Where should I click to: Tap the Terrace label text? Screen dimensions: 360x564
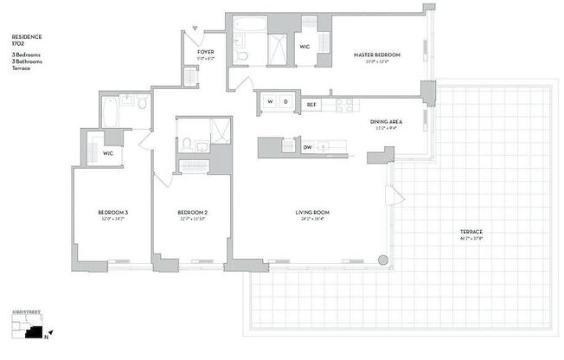coord(471,232)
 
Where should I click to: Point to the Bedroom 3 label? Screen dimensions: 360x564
coord(112,213)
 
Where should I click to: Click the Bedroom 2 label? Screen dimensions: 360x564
coord(192,213)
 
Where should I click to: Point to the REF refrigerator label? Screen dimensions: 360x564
coord(311,104)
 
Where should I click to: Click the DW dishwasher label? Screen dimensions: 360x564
coord(307,147)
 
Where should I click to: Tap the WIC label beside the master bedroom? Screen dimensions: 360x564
coord(304,47)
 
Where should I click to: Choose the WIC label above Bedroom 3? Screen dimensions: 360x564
coord(107,153)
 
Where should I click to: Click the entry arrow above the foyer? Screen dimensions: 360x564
coord(196,29)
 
